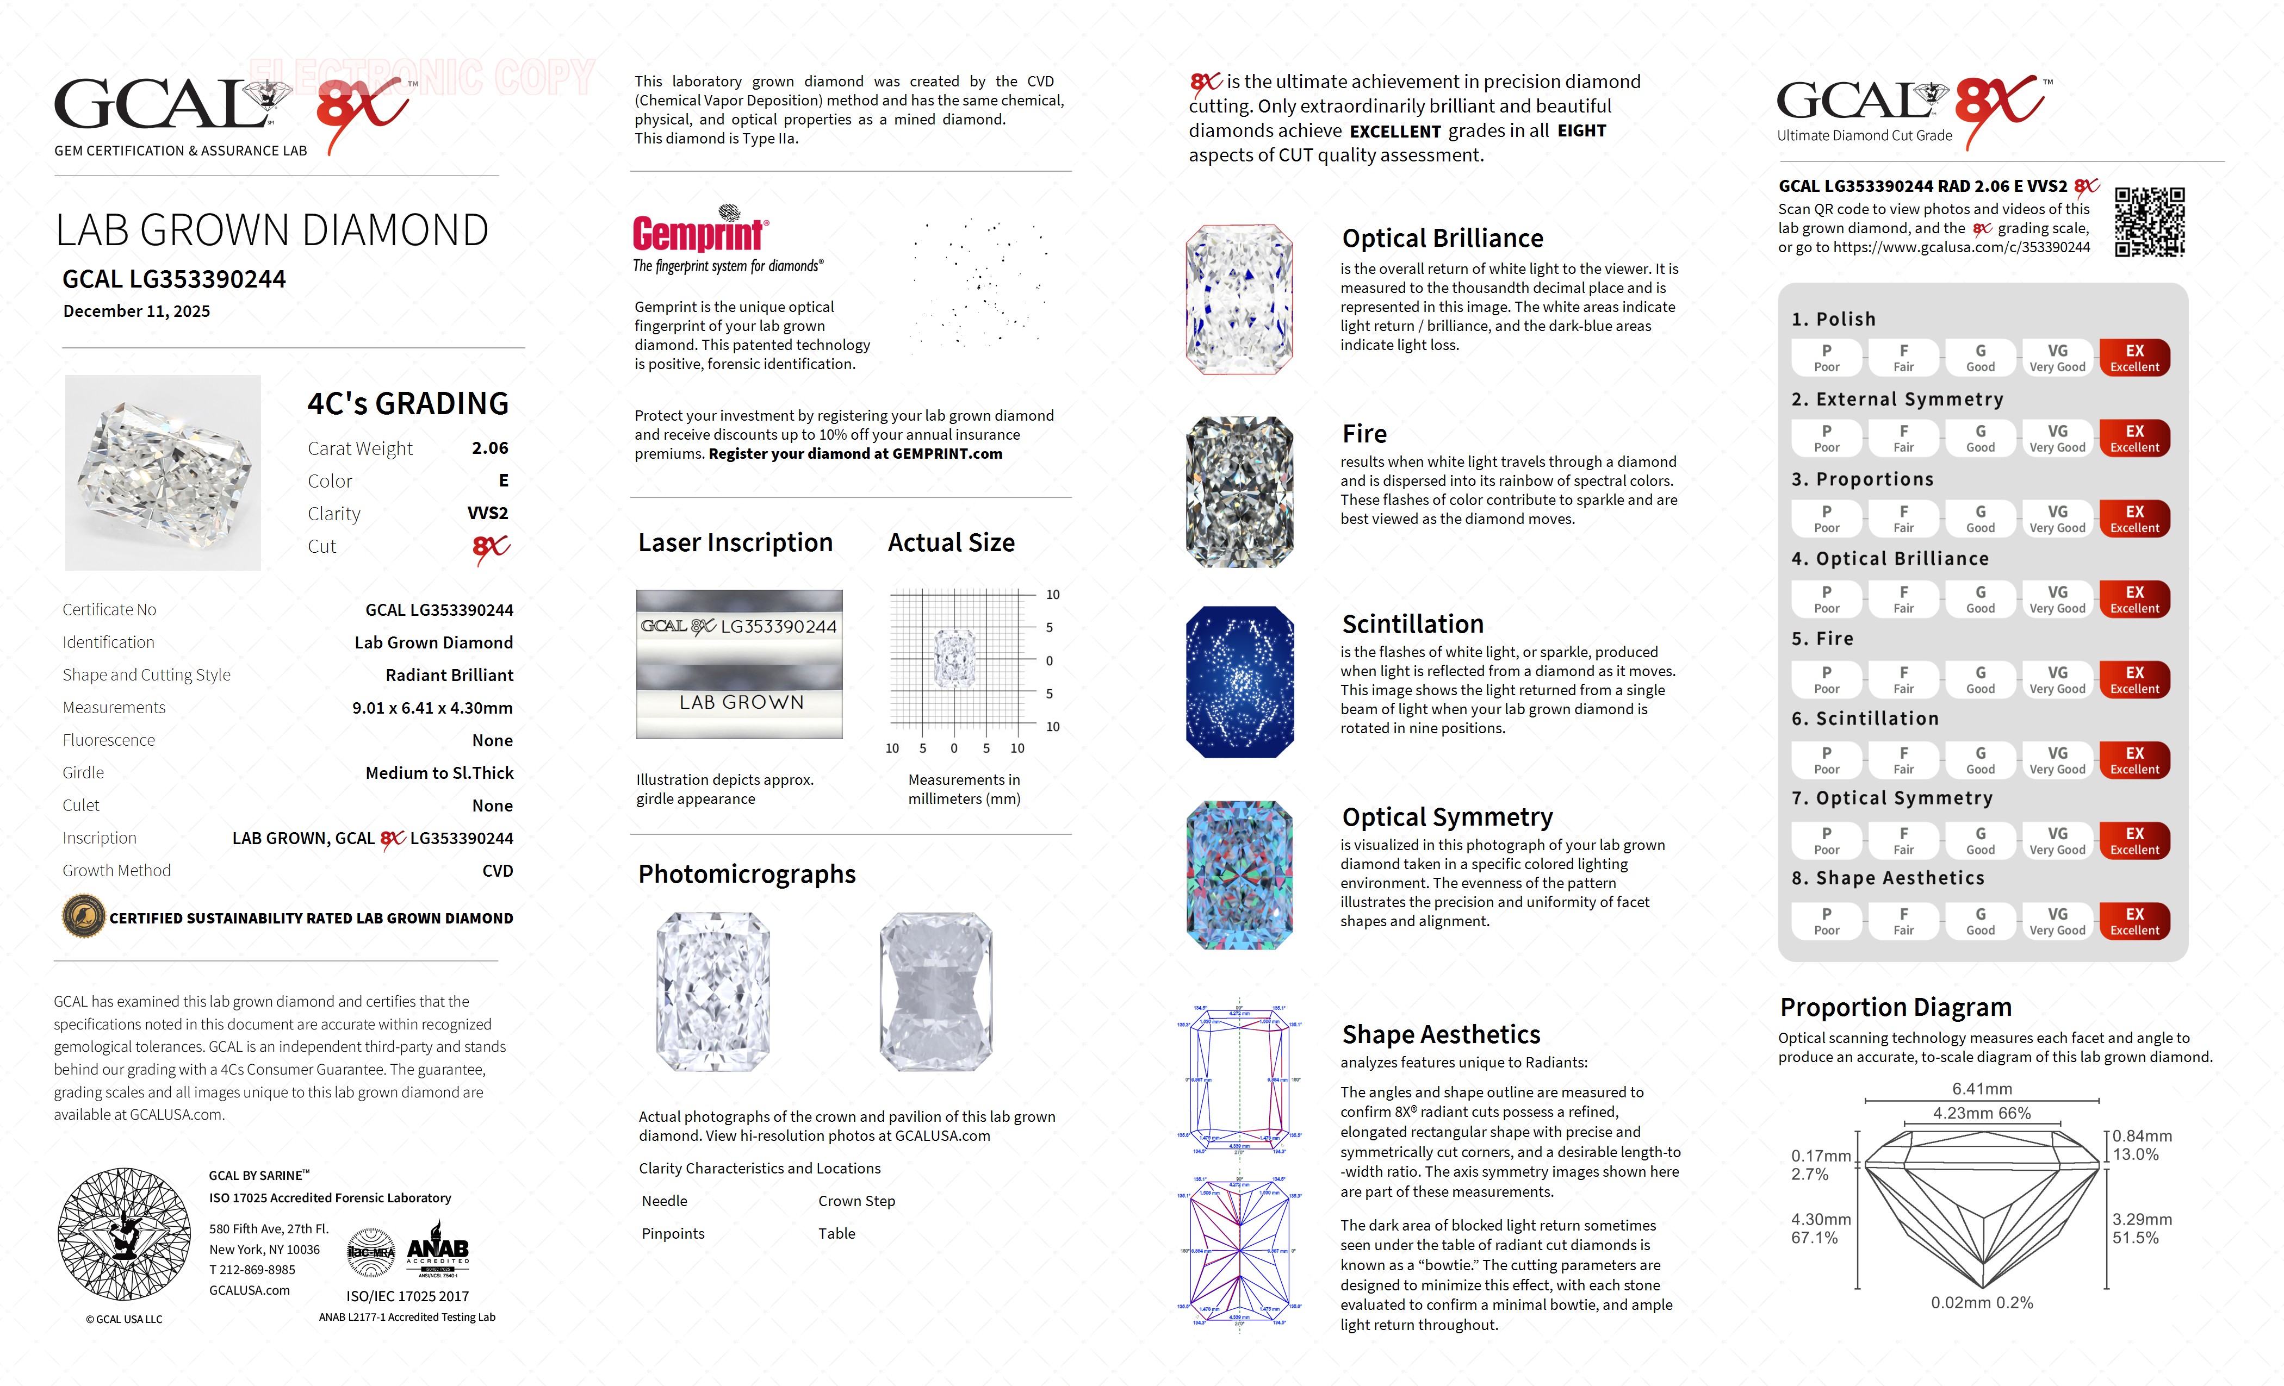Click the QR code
click(x=2150, y=222)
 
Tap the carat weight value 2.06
click(x=489, y=448)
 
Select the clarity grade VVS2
click(x=488, y=513)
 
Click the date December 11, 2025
click(x=136, y=311)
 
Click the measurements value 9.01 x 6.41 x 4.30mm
click(x=432, y=708)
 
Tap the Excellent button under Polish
click(x=2134, y=358)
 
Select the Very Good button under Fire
click(x=2057, y=679)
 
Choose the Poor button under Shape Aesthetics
click(x=1826, y=921)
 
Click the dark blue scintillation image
click(x=1239, y=682)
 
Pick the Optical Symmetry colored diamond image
click(x=1239, y=875)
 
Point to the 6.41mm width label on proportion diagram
click(x=1981, y=1089)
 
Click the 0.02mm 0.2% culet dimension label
click(x=1981, y=1303)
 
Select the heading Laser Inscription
click(x=735, y=543)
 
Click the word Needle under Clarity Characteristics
click(x=665, y=1201)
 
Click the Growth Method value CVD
click(x=498, y=871)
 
